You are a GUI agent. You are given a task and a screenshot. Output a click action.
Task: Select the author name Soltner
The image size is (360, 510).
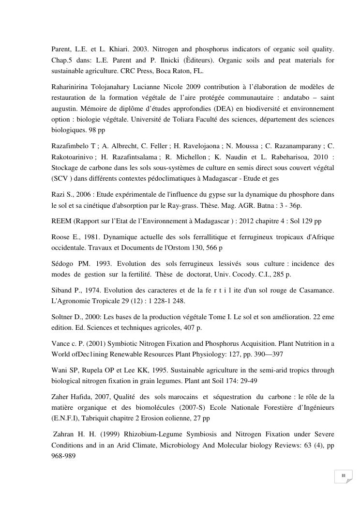[x=63, y=317]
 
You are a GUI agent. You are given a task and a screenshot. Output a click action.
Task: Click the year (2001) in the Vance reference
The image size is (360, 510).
[x=91, y=344]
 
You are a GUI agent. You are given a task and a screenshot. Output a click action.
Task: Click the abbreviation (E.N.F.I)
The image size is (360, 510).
[x=65, y=417]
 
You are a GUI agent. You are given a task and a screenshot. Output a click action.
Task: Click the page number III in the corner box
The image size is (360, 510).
[x=343, y=476]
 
